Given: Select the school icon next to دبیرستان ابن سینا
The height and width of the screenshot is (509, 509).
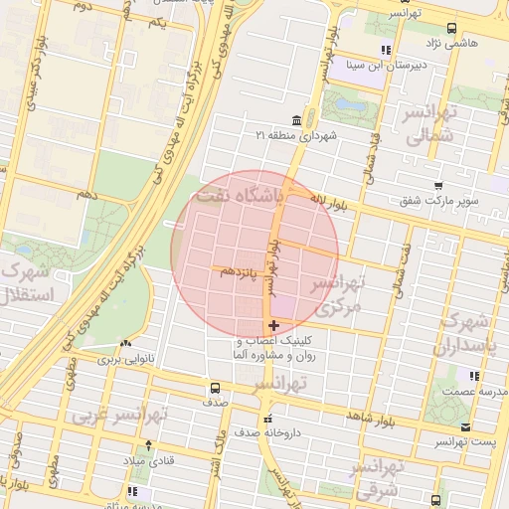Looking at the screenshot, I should pos(385,51).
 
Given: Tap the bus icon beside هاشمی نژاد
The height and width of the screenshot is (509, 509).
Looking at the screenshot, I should pos(452,28).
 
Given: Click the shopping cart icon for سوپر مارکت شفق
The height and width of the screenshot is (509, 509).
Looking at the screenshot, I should pos(438,185).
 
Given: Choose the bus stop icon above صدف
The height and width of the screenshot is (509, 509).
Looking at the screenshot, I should pos(215,389).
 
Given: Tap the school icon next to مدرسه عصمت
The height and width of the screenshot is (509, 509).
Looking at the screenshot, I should pos(474,377).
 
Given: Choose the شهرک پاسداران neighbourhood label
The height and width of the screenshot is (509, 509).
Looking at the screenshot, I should pos(463,336).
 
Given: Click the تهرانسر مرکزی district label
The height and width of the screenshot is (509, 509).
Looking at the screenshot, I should pos(338,295).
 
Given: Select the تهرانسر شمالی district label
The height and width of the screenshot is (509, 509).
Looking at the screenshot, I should pos(430,128).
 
